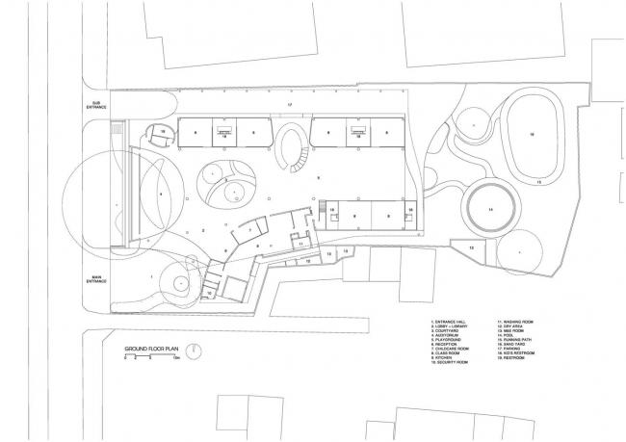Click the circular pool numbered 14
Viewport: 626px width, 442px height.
(489, 208)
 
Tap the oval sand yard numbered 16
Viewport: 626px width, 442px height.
(530, 135)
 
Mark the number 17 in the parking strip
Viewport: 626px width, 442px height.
(289, 102)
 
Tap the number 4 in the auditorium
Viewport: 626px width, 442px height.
(160, 195)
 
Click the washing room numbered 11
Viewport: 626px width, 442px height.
(300, 245)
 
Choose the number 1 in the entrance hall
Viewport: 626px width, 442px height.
(152, 277)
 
